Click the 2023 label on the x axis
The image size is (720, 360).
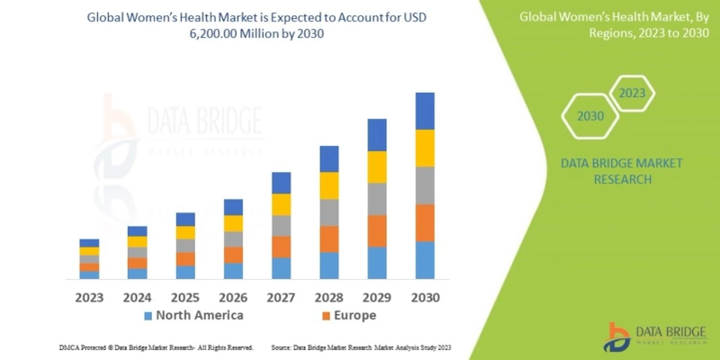click(x=89, y=296)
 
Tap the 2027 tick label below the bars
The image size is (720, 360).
click(x=281, y=296)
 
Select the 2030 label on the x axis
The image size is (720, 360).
click(x=425, y=296)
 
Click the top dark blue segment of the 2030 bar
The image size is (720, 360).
click(x=425, y=111)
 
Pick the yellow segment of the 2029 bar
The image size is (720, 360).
click(x=377, y=166)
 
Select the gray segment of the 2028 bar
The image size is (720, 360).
click(x=329, y=212)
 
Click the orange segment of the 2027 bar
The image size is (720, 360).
click(x=281, y=247)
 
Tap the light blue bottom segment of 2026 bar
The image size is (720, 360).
click(x=233, y=270)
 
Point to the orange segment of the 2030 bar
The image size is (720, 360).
click(x=425, y=223)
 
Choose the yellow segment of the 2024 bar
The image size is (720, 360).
click(x=137, y=241)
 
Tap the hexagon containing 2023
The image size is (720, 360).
click(x=633, y=93)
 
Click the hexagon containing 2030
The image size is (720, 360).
click(x=590, y=116)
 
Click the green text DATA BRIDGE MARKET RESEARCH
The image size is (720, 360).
click(x=621, y=171)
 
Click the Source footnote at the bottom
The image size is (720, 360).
click(x=360, y=346)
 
